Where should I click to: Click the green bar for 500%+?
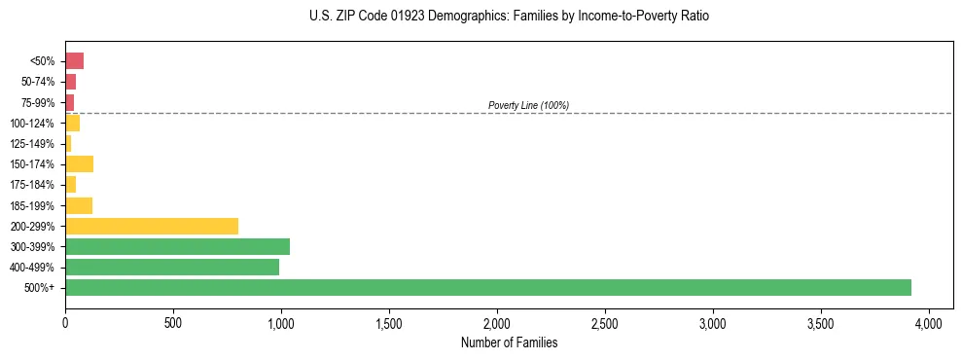(x=487, y=287)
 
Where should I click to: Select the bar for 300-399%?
(x=177, y=246)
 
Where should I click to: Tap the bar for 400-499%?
(x=172, y=267)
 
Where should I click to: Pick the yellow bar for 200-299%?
(x=152, y=226)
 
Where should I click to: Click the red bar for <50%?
(x=74, y=61)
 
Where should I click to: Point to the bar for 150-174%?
(x=79, y=163)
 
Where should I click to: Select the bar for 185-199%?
(x=79, y=205)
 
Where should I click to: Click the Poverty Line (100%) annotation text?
(x=528, y=105)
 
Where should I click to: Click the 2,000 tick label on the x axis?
(x=497, y=322)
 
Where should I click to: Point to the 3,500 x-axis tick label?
(x=821, y=322)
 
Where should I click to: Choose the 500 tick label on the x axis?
(x=173, y=322)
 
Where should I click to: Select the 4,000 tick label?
(x=929, y=322)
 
